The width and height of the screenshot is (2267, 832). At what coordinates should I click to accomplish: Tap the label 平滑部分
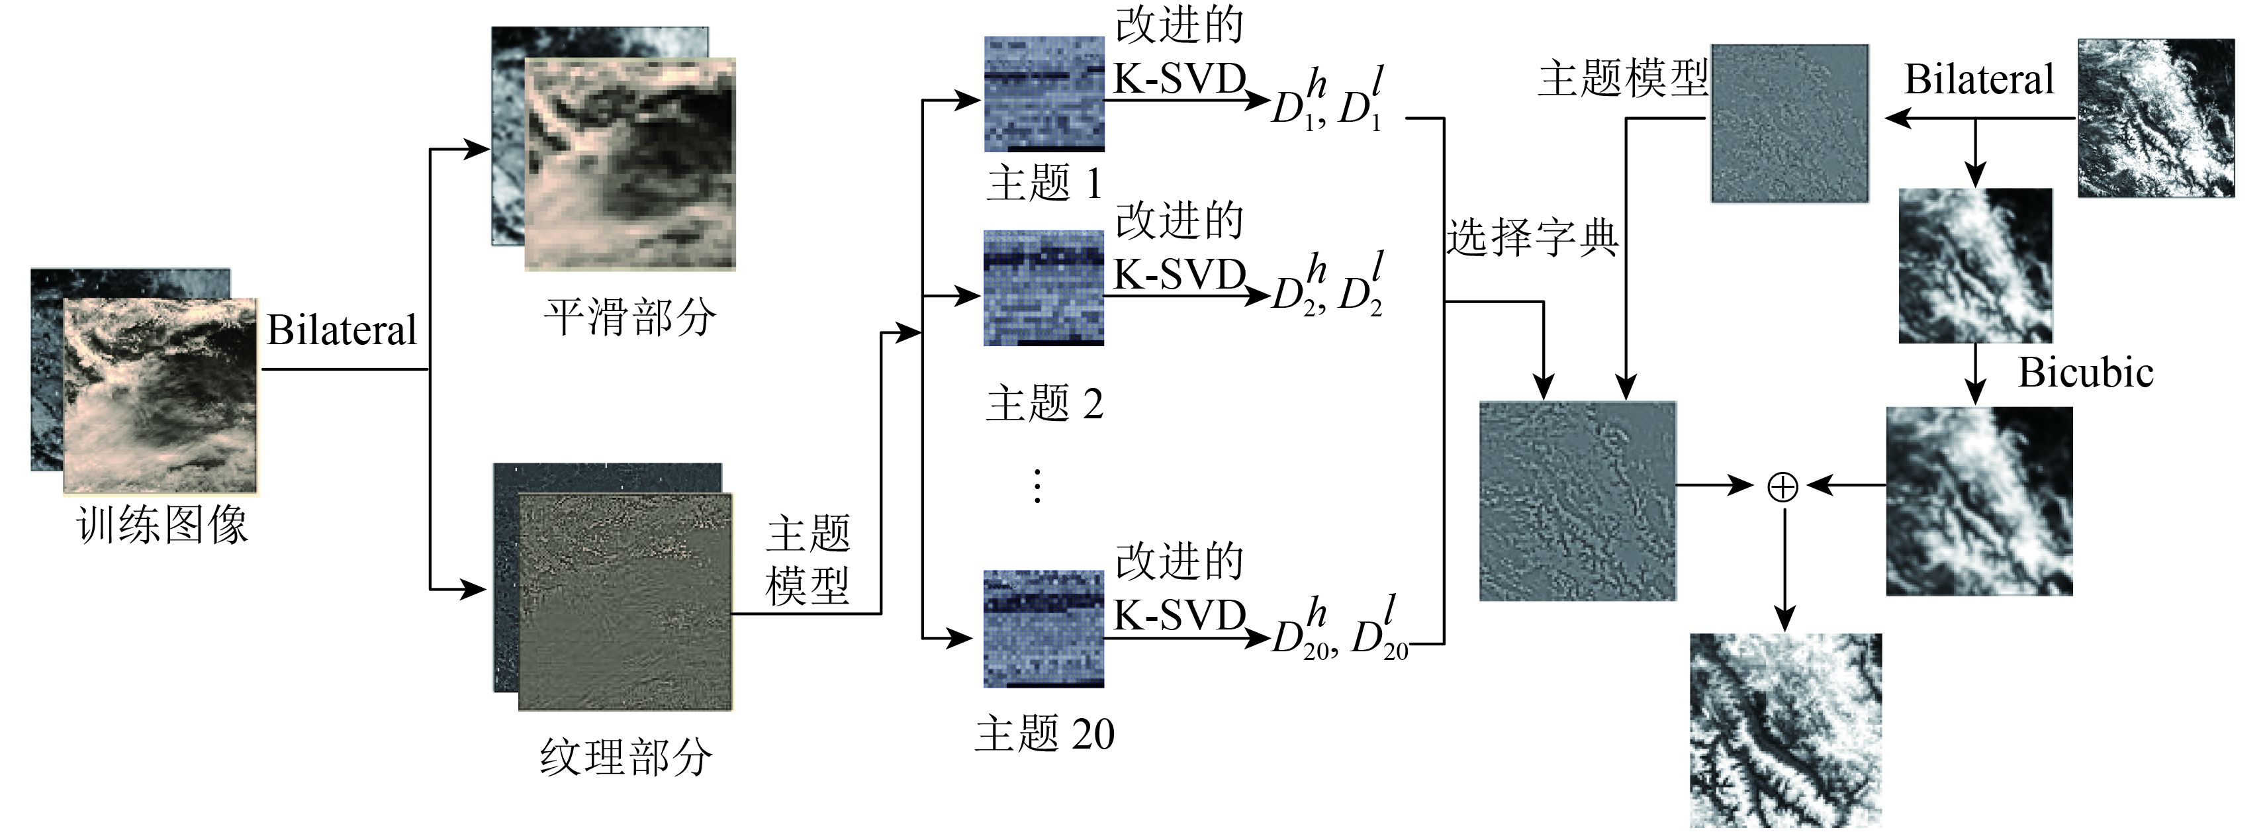630,317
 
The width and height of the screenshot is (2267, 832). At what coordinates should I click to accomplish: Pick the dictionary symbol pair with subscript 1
1327,101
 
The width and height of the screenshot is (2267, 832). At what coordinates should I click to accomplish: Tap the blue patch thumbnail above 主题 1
1044,93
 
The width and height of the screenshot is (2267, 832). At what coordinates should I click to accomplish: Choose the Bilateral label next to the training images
342,331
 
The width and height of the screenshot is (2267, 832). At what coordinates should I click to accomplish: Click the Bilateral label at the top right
1979,80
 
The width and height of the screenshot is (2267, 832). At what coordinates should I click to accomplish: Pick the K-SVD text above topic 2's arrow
1180,275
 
